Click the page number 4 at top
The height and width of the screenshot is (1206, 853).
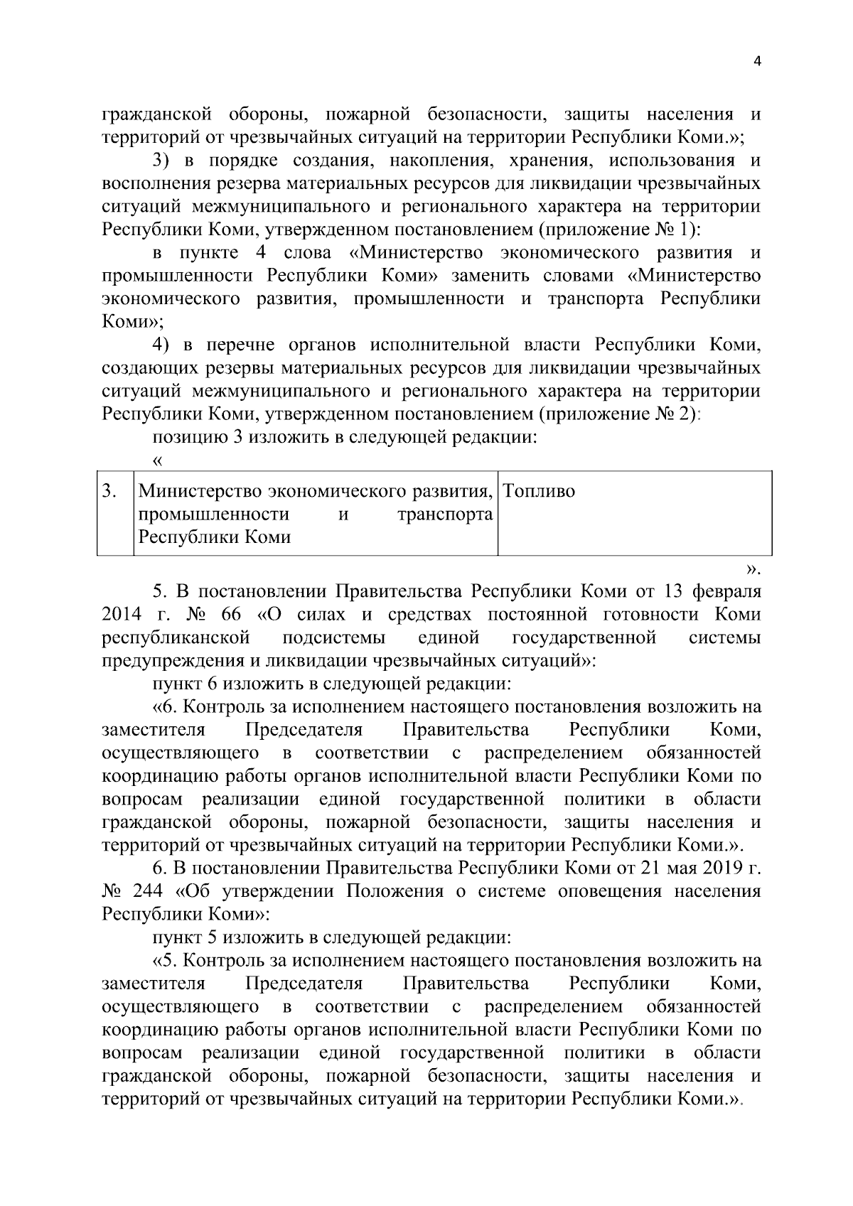tap(756, 62)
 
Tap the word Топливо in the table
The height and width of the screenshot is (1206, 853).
tap(540, 491)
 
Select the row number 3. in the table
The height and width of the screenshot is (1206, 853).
tap(109, 491)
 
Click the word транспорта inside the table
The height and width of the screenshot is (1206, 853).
tap(445, 514)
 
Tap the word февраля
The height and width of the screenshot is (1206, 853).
tap(725, 591)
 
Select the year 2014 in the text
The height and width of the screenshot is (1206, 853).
tap(122, 614)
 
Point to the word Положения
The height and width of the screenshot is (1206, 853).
tap(395, 891)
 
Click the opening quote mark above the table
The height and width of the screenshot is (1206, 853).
tap(159, 461)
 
